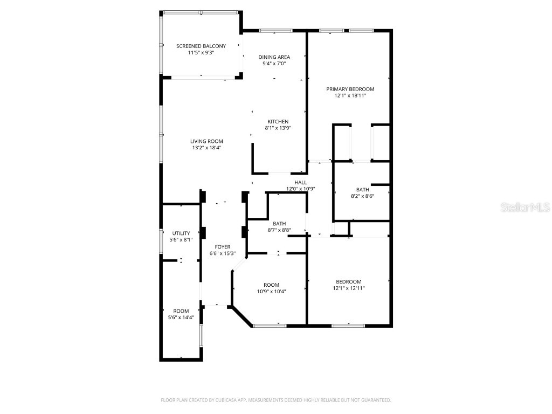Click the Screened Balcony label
pyautogui.click(x=201, y=46)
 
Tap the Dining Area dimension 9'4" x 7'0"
pyautogui.click(x=274, y=64)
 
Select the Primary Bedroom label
pyautogui.click(x=350, y=89)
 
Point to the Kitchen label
pyautogui.click(x=278, y=121)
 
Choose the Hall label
pyautogui.click(x=300, y=183)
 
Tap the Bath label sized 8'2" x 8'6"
pyautogui.click(x=362, y=189)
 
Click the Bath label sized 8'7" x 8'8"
pyautogui.click(x=279, y=223)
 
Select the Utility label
pyautogui.click(x=181, y=233)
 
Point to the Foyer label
pyautogui.click(x=222, y=247)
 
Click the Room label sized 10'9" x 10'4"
pyautogui.click(x=271, y=285)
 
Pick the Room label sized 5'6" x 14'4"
pyautogui.click(x=181, y=311)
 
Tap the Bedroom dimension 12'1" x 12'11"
pyautogui.click(x=349, y=288)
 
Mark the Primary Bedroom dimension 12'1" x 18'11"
pyautogui.click(x=350, y=96)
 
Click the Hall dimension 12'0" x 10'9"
pyautogui.click(x=300, y=189)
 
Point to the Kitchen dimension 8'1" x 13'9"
pyautogui.click(x=278, y=128)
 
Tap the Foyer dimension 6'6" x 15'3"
pyautogui.click(x=222, y=253)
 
